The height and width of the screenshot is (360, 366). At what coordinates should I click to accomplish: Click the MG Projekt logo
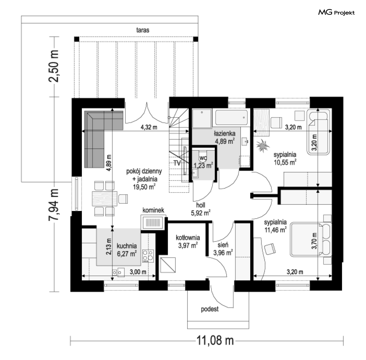click(336, 12)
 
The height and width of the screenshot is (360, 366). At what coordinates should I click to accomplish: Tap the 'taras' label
click(143, 30)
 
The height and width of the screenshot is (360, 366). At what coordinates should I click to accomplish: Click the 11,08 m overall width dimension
click(215, 341)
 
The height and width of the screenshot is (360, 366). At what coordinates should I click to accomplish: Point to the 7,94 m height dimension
click(53, 205)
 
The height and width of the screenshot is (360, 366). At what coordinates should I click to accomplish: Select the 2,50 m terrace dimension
click(53, 66)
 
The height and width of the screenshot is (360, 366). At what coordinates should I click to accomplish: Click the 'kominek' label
click(153, 210)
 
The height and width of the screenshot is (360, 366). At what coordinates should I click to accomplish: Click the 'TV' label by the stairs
click(177, 163)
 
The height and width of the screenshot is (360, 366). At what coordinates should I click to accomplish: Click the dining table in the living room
click(105, 199)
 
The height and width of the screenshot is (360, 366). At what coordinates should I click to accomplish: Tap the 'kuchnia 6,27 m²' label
click(127, 250)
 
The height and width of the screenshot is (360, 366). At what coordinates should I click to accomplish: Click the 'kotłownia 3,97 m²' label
click(188, 241)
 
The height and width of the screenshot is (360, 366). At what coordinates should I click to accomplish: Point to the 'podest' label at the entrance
click(209, 309)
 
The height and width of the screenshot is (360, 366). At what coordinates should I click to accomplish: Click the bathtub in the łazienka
click(231, 118)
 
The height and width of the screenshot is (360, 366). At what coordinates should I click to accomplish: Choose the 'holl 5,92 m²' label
click(201, 209)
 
